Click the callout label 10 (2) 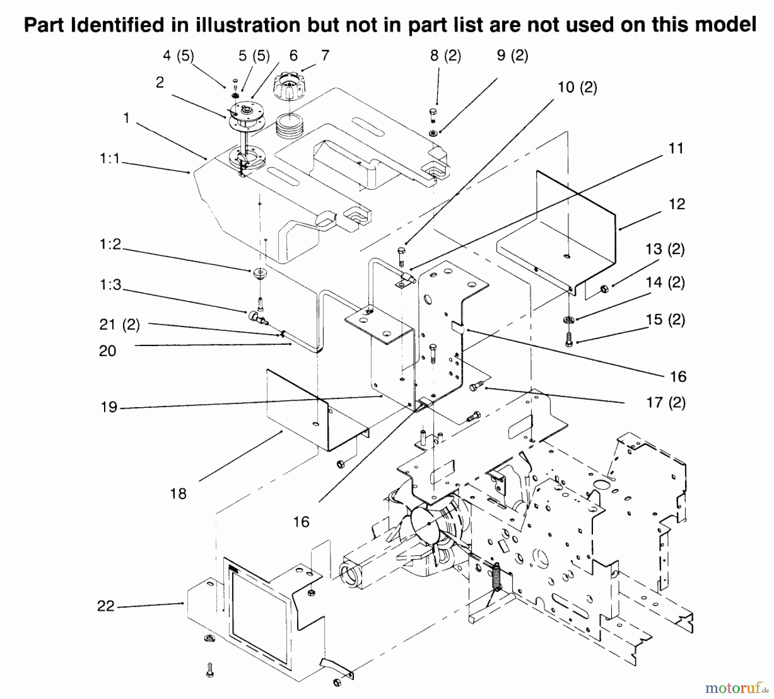pyautogui.click(x=577, y=88)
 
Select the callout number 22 pyautogui.click(x=106, y=606)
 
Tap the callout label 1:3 pyautogui.click(x=111, y=285)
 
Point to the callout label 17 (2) pyautogui.click(x=666, y=403)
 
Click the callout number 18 pyautogui.click(x=178, y=494)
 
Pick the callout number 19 pyautogui.click(x=109, y=407)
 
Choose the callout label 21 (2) pyautogui.click(x=120, y=325)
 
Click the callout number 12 pyautogui.click(x=677, y=204)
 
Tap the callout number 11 pyautogui.click(x=676, y=148)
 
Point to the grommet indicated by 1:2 pyautogui.click(x=259, y=273)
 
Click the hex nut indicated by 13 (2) pyautogui.click(x=604, y=288)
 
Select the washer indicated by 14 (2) pyautogui.click(x=569, y=319)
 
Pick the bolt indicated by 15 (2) pyautogui.click(x=569, y=340)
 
